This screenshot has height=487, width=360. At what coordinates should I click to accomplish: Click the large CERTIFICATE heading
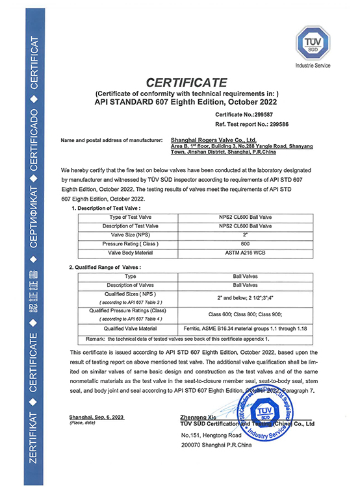[186, 82]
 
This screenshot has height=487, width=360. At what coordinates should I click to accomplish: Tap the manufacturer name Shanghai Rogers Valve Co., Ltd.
[212, 140]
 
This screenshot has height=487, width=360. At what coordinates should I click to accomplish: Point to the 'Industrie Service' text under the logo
[313, 66]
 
